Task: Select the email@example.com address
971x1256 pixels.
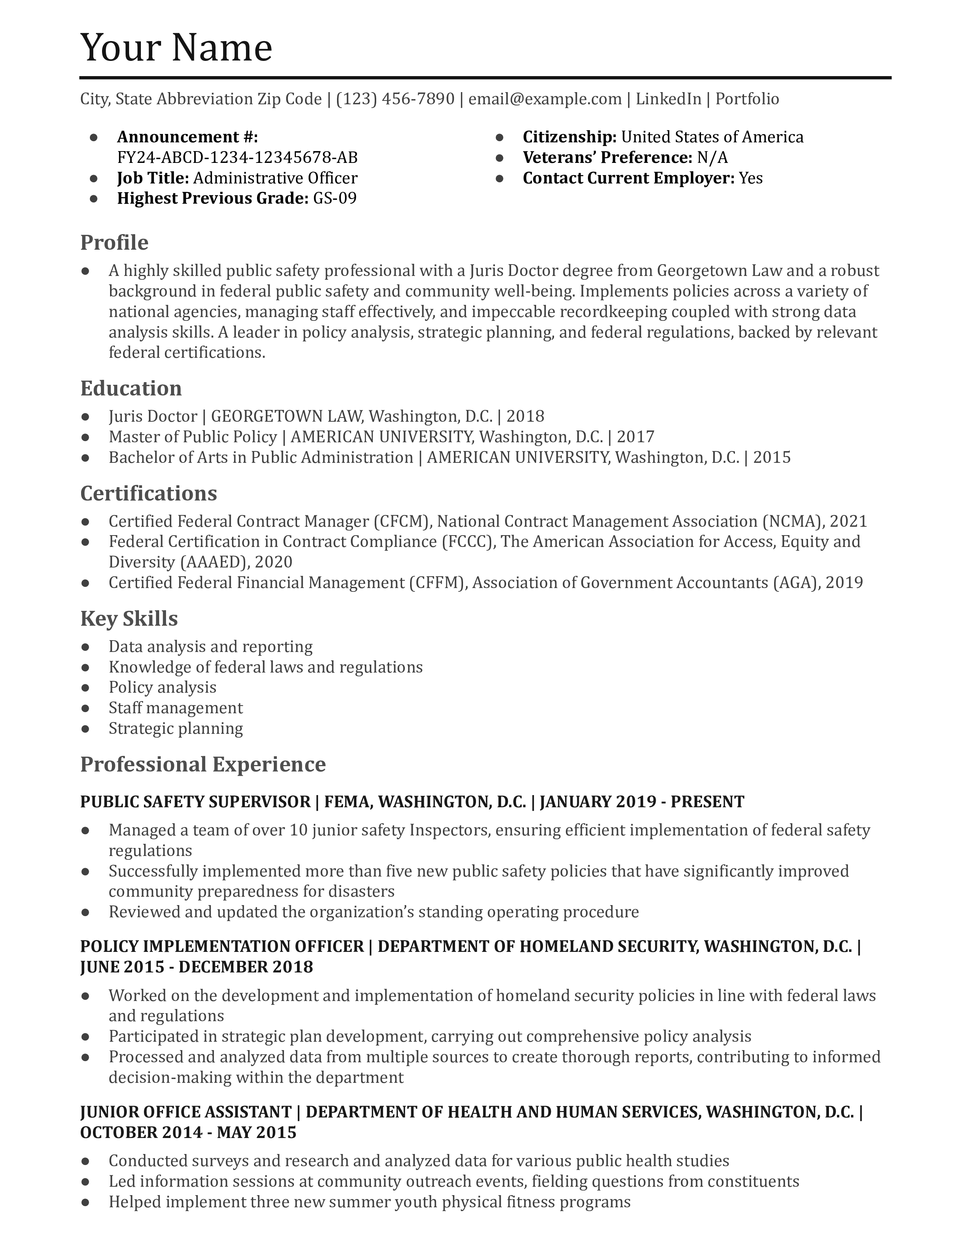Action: (545, 99)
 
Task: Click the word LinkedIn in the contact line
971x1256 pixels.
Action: (668, 99)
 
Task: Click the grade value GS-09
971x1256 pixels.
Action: (334, 198)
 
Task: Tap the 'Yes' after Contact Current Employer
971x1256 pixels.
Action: (750, 178)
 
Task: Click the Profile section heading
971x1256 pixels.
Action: (114, 243)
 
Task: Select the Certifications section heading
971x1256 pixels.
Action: (149, 493)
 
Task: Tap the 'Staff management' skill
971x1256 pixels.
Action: (176, 708)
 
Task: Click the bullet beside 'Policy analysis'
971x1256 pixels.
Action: (86, 688)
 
